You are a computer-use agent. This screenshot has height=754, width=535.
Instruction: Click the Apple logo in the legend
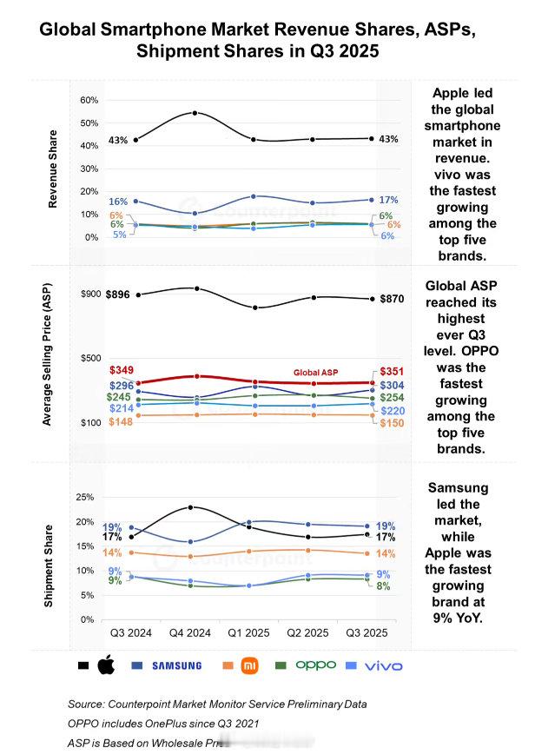pos(105,665)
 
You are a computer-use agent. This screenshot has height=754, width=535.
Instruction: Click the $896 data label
pos(119,294)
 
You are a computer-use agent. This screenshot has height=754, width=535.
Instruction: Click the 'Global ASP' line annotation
pos(314,373)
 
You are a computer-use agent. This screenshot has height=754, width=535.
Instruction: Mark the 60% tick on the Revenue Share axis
pos(89,101)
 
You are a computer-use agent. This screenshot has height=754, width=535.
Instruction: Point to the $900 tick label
pos(90,294)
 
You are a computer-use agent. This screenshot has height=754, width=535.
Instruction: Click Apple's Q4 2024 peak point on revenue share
pos(195,113)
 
